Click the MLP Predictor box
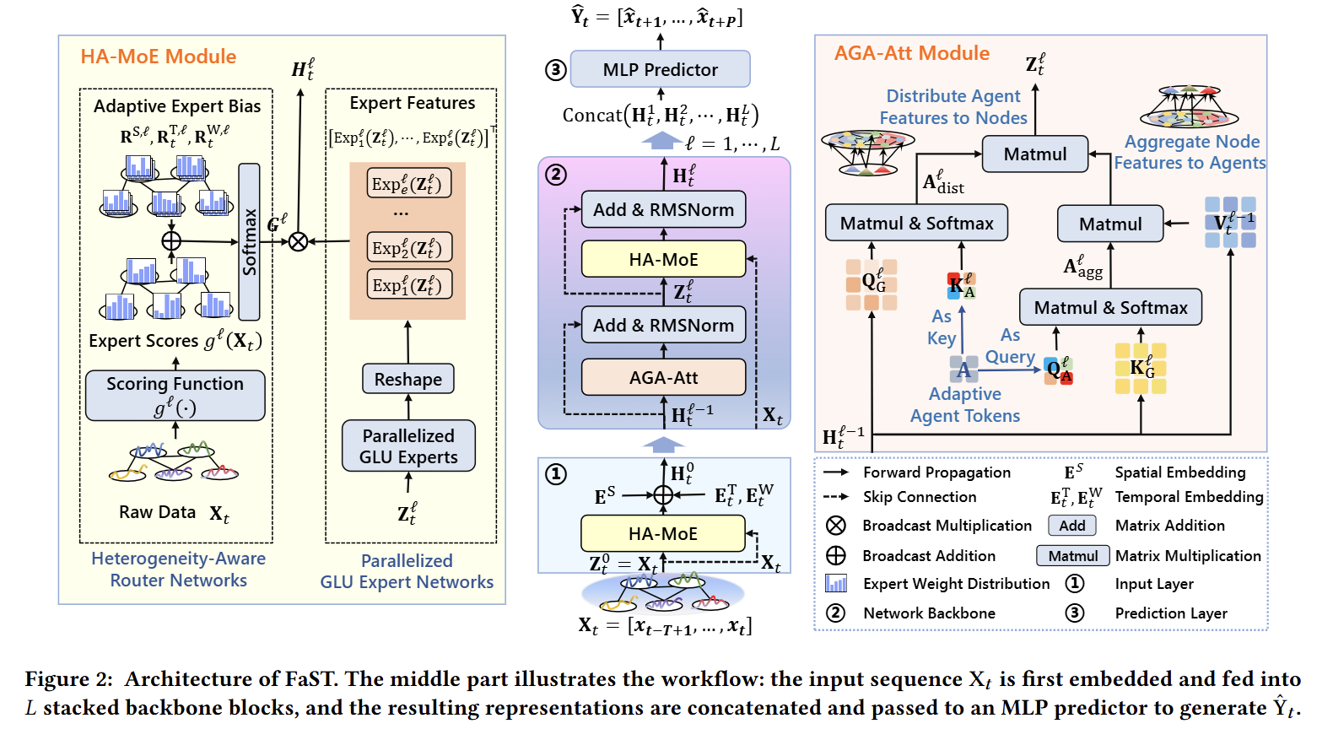click(660, 69)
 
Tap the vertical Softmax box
click(250, 241)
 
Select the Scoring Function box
click(175, 396)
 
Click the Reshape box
click(408, 379)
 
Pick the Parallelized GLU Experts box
click(408, 445)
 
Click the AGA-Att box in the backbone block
click(663, 377)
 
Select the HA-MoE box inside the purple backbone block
click(663, 259)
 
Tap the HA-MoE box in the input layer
click(663, 533)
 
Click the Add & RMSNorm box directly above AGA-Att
click(663, 325)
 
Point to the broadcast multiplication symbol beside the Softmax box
click(298, 241)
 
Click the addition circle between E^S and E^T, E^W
click(663, 494)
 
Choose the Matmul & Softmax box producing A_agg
click(1110, 307)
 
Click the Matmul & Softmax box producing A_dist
click(916, 223)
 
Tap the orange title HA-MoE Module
click(159, 57)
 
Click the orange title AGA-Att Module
click(912, 53)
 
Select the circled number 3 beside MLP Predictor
click(555, 70)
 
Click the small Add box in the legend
click(1071, 526)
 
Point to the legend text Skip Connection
click(920, 497)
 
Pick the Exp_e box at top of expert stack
click(409, 183)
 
